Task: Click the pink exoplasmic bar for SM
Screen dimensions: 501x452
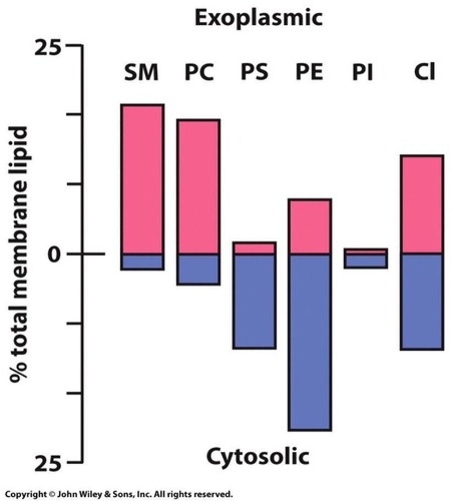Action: tap(142, 180)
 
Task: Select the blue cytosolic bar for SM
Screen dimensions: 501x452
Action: tap(142, 262)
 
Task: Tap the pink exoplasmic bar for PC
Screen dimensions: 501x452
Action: tap(198, 187)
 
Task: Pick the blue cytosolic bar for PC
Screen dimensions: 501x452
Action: tap(198, 269)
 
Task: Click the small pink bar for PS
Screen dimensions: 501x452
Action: tap(254, 248)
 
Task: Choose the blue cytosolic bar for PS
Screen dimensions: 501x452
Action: tap(254, 301)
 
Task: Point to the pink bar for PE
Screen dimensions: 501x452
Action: tap(310, 226)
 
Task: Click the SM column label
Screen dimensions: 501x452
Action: tap(141, 72)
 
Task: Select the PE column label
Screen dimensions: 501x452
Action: tap(309, 72)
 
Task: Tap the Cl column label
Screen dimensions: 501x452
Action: tap(424, 72)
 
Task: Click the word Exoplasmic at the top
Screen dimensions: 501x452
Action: tap(259, 18)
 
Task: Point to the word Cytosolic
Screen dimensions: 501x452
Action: tap(258, 456)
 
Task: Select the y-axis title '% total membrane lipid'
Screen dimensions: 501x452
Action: tap(20, 255)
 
